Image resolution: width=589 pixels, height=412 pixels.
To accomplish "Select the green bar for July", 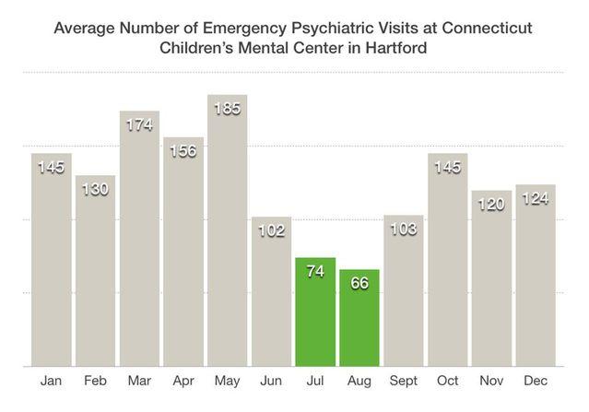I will click(x=315, y=313).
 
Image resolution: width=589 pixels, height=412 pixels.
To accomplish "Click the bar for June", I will click(x=271, y=295).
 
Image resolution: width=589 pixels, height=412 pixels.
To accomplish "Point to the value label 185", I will click(x=227, y=110).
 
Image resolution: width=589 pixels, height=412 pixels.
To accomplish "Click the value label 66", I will click(x=359, y=283).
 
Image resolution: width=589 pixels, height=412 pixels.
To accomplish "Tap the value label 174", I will click(x=139, y=124).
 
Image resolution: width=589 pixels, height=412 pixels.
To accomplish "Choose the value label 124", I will click(x=536, y=199).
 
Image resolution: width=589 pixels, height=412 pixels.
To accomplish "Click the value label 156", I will click(x=183, y=151).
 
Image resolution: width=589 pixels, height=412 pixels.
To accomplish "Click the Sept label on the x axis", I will click(x=404, y=380).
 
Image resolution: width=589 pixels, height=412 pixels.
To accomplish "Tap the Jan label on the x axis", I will click(x=51, y=380).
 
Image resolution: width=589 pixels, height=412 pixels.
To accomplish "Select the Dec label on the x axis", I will click(x=536, y=380).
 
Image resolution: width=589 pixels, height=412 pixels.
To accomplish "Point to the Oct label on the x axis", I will click(x=447, y=380).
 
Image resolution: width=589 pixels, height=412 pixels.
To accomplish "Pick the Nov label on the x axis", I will click(x=491, y=380).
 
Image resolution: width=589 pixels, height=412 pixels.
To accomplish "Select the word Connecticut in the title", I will click(x=485, y=27).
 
